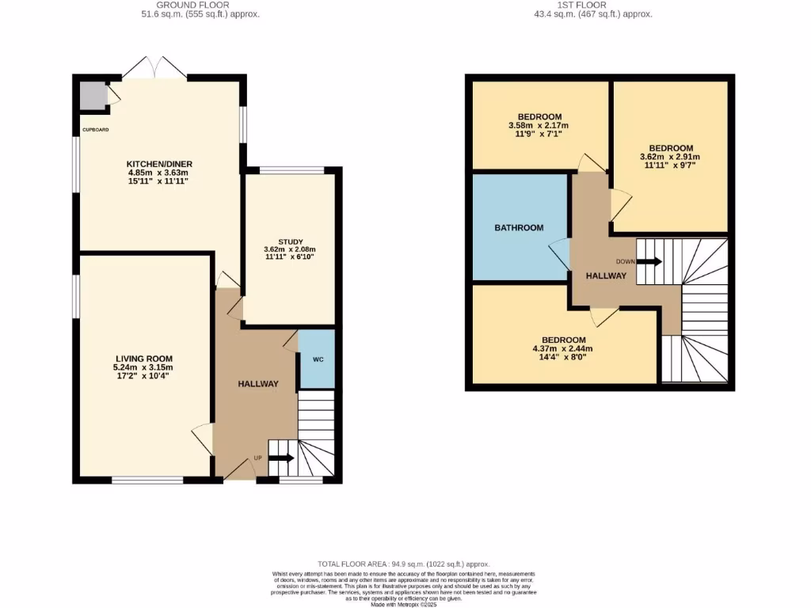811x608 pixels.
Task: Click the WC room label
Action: [318, 359]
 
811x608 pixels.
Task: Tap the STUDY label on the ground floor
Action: [290, 242]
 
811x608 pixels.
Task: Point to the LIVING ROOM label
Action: [143, 359]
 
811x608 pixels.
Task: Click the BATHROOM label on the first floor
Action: [519, 228]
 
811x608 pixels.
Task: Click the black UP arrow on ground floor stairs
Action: [282, 458]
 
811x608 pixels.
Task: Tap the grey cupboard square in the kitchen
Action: [93, 96]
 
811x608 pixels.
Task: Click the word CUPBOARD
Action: [94, 129]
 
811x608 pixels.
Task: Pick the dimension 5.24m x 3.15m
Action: [143, 367]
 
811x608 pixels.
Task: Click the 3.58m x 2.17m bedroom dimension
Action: [539, 126]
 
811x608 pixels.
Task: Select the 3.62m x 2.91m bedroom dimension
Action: [671, 157]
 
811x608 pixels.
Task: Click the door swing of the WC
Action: [291, 341]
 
